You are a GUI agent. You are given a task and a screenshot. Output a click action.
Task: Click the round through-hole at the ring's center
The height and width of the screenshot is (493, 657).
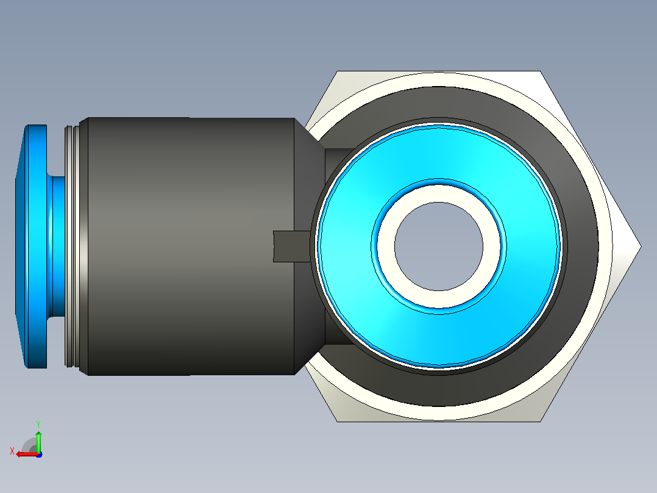pyautogui.click(x=439, y=246)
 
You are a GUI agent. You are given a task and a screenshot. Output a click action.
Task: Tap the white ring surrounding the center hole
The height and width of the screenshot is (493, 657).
pyautogui.click(x=439, y=193)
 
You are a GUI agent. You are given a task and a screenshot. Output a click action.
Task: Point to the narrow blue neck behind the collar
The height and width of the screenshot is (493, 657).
pyautogui.click(x=57, y=246)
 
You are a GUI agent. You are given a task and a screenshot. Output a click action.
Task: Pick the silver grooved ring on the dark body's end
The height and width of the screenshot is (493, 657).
pyautogui.click(x=72, y=246)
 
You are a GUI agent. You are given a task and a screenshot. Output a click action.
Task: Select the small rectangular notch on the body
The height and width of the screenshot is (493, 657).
pyautogui.click(x=291, y=246)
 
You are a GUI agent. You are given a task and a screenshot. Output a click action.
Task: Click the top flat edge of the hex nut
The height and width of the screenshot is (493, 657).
pyautogui.click(x=439, y=71)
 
